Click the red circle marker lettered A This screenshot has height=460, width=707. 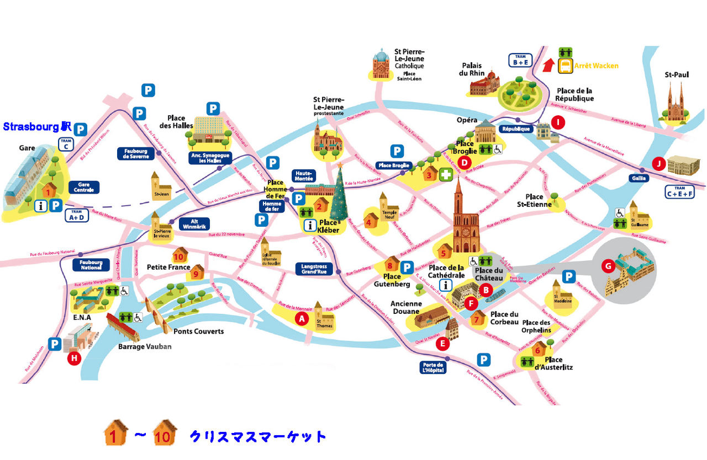[x=302, y=318]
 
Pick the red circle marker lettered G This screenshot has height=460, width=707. [x=608, y=267]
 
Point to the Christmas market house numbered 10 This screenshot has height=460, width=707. [x=179, y=256]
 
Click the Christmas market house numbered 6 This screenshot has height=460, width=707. [x=538, y=349]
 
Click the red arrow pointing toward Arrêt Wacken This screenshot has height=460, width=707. [x=547, y=66]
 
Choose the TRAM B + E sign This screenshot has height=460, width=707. [x=520, y=60]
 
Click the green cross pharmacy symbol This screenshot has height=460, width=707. [x=445, y=175]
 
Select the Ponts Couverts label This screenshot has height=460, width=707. [x=198, y=331]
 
